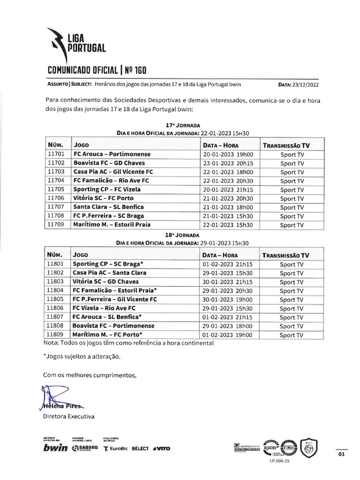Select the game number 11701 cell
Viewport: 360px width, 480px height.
pos(57,154)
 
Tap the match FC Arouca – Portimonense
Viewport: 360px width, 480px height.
pos(112,154)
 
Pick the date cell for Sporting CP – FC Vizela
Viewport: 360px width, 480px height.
pos(228,189)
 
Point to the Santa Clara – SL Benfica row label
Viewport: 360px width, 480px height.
pos(108,207)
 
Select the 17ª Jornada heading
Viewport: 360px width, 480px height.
pos(182,126)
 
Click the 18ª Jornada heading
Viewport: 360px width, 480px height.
pos(182,235)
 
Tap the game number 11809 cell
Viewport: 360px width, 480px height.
pos(57,335)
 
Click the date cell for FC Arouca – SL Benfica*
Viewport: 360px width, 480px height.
pos(228,317)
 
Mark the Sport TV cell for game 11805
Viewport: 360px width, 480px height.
pos(292,300)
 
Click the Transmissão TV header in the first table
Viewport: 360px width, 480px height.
pos(286,145)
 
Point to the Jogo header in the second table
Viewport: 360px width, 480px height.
pos(81,255)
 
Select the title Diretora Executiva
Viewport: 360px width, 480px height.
pos(68,416)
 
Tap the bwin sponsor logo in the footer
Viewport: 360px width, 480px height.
pos(55,448)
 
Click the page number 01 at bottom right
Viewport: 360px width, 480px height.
pos(341,454)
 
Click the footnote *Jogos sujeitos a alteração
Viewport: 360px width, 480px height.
pos(82,356)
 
